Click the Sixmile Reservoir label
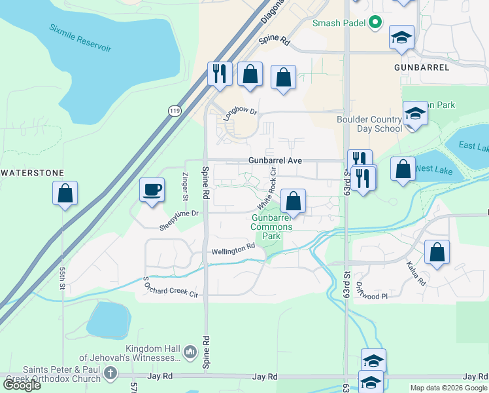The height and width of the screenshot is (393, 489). [80, 39]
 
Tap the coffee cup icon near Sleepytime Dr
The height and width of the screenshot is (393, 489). [152, 191]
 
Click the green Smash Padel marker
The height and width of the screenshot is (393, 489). [375, 24]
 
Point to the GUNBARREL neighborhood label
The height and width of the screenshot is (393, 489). [422, 67]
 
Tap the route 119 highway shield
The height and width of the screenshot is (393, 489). [174, 110]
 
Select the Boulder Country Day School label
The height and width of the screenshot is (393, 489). [369, 124]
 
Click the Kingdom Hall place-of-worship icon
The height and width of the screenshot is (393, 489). [190, 352]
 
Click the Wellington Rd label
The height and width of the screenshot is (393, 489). [233, 250]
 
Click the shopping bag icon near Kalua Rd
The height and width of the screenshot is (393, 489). [437, 252]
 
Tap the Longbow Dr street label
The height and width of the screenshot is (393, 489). [239, 111]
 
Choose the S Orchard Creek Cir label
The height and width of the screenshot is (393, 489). [170, 287]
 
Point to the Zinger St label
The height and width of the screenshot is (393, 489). [186, 187]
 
